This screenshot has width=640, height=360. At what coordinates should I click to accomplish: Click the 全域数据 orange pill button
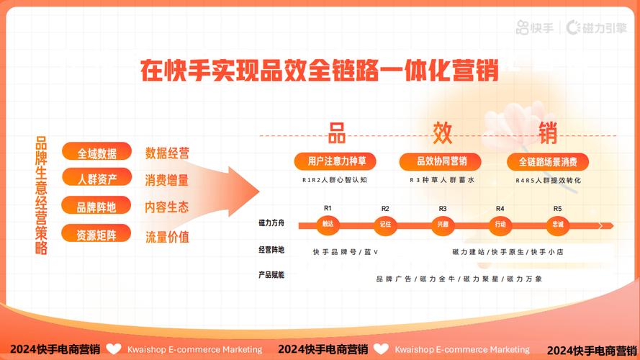coord(96,153)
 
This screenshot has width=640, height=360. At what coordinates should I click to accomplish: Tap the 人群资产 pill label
coord(96,179)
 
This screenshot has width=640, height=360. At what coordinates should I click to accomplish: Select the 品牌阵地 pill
coord(96,207)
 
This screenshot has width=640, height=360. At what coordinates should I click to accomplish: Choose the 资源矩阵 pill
coord(96,234)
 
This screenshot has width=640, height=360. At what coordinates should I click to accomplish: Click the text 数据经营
coord(167,153)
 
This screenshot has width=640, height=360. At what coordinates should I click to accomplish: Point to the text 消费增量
coord(167,179)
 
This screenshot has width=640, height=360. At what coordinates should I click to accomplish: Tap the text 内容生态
coord(167,207)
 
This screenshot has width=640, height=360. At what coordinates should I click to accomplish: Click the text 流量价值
coord(167,236)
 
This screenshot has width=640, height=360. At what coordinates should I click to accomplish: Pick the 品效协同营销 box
coord(442,161)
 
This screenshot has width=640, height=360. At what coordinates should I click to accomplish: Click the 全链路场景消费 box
coord(548,161)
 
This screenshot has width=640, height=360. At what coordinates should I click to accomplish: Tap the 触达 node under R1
coord(328,225)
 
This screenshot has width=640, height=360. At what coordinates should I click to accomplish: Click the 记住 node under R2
coord(385,225)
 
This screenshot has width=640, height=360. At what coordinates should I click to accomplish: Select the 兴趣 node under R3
coord(443,225)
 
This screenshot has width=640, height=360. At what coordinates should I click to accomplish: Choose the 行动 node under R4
coord(500,225)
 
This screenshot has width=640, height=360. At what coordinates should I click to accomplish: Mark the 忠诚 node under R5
coord(558,225)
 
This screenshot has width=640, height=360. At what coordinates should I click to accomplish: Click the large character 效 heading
coord(442,133)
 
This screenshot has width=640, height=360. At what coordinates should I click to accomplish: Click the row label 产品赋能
coord(271,274)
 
